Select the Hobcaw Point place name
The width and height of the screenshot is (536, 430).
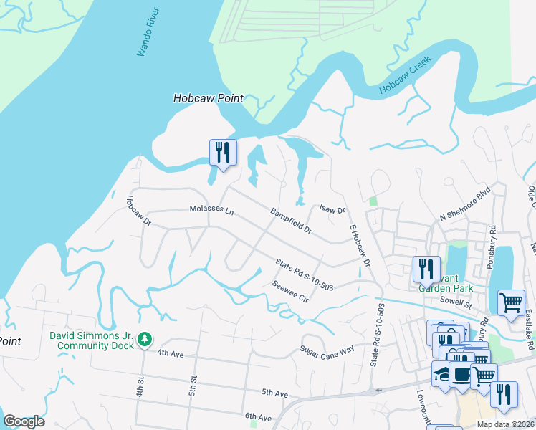(x=209, y=98)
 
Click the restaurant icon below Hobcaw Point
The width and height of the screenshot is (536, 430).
(x=223, y=153)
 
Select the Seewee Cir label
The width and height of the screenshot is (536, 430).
(x=289, y=290)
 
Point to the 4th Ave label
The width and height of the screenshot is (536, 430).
(x=171, y=353)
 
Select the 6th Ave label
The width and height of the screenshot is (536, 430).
(x=257, y=416)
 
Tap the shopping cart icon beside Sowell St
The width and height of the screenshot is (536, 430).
(x=510, y=302)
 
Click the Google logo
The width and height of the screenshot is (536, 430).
(x=24, y=421)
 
